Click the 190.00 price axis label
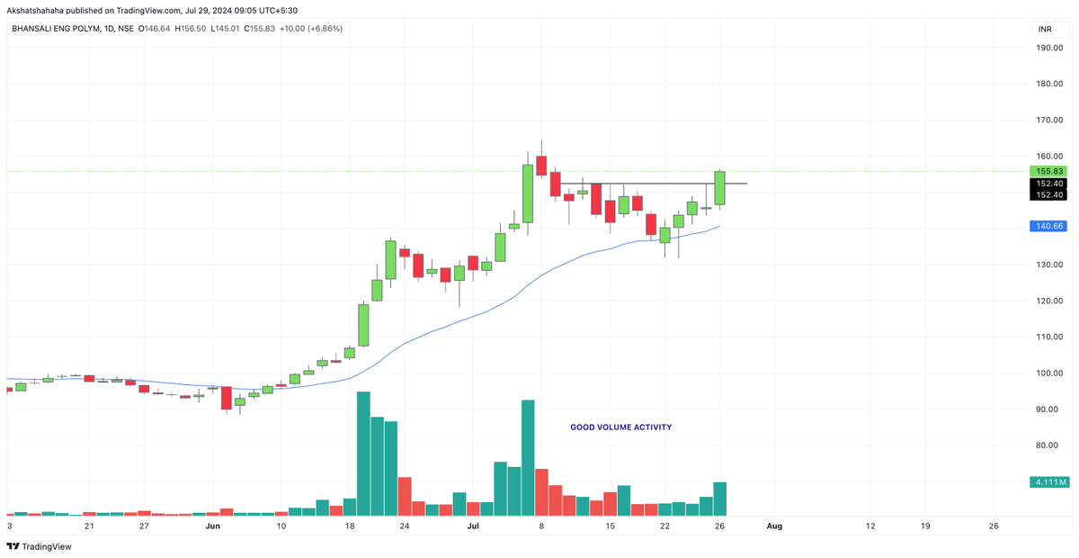[x=1050, y=48]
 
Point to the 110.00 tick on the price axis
[x=1050, y=337]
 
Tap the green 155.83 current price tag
[x=1049, y=171]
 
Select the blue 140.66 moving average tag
[x=1049, y=227]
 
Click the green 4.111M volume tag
[x=1049, y=482]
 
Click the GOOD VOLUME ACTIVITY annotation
[x=620, y=427]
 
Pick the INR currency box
[x=1045, y=29]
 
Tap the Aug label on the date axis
[x=774, y=525]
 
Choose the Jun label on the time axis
[x=213, y=525]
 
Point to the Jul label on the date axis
[x=472, y=525]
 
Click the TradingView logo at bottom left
[x=40, y=546]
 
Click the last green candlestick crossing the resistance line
[x=720, y=187]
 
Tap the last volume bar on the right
[x=720, y=499]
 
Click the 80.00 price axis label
[x=1050, y=445]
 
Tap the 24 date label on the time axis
[x=404, y=525]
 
